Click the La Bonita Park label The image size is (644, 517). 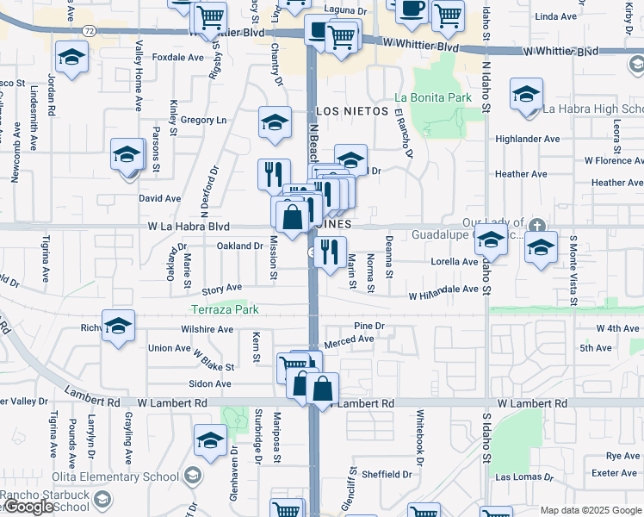[433, 97]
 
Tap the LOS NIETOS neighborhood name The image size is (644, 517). [352, 111]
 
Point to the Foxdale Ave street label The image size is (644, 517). [177, 58]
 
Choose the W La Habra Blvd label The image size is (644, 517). [188, 227]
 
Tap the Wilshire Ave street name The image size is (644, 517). [207, 329]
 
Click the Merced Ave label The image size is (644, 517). [349, 339]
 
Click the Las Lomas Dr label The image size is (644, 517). [519, 477]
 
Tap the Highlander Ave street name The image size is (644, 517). [528, 139]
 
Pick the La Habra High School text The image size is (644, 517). [592, 109]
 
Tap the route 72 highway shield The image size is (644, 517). [90, 29]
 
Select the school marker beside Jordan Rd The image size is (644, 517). [72, 59]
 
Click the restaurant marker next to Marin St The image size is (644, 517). [329, 252]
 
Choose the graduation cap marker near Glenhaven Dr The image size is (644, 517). [209, 441]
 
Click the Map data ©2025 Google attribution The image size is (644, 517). [591, 510]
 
